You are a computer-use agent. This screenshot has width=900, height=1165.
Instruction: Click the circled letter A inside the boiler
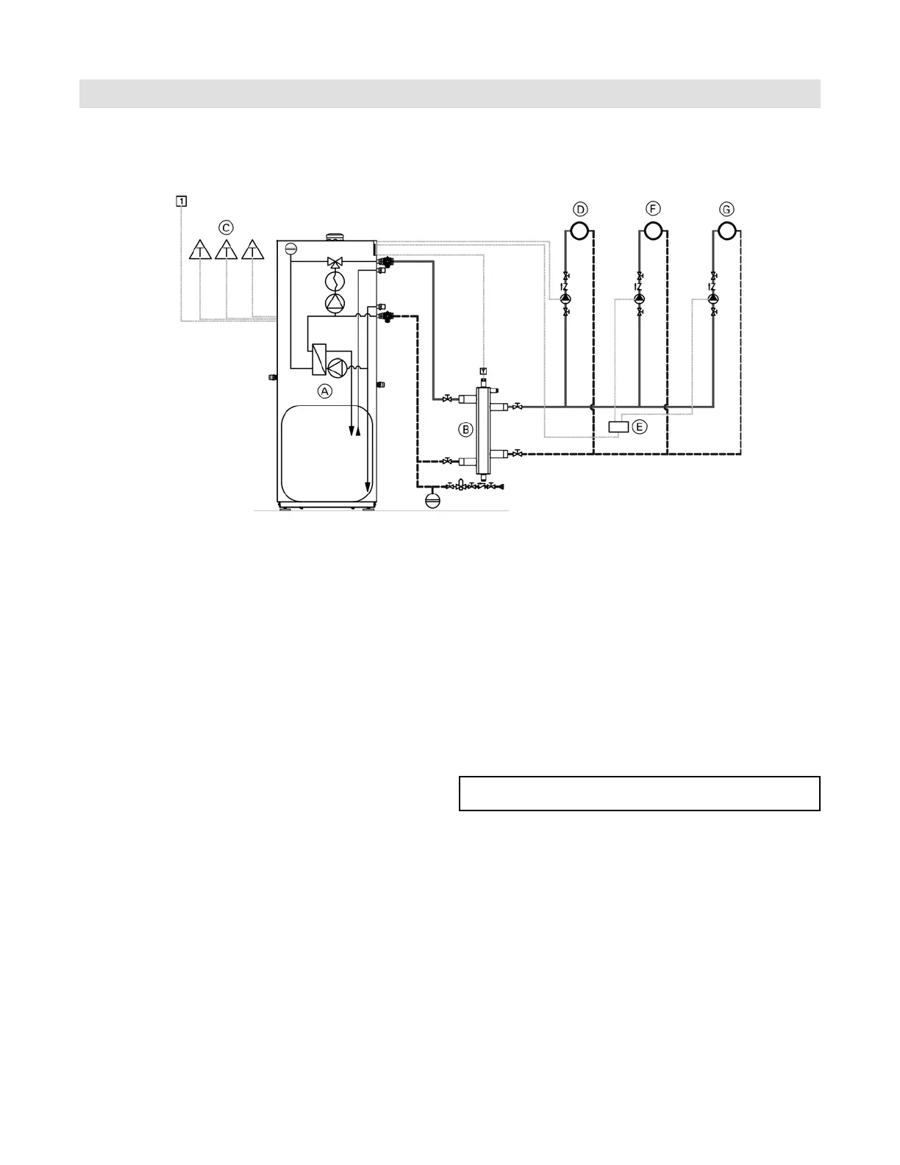click(325, 391)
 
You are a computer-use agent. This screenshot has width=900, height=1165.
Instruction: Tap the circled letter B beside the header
click(465, 427)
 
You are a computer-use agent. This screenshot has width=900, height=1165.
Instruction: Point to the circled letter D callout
click(580, 210)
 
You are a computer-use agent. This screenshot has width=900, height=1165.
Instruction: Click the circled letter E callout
click(640, 427)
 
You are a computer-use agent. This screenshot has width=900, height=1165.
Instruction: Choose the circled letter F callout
click(653, 210)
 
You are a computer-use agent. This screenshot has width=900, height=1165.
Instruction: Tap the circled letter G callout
click(726, 210)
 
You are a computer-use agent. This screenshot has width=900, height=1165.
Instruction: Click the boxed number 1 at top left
click(181, 199)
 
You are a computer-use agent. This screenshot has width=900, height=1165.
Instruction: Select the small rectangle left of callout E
click(619, 427)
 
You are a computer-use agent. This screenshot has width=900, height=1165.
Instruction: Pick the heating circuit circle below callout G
click(726, 231)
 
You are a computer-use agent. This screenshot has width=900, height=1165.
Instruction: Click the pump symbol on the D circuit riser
click(565, 299)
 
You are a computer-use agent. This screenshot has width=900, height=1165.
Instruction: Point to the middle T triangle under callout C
click(226, 251)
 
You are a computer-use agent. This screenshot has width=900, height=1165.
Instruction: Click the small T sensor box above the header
click(483, 369)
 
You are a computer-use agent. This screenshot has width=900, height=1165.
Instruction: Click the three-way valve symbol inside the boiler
click(335, 262)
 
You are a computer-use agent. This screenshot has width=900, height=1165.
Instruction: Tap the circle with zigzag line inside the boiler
click(335, 282)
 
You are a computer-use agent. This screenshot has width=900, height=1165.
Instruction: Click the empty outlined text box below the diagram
click(639, 793)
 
